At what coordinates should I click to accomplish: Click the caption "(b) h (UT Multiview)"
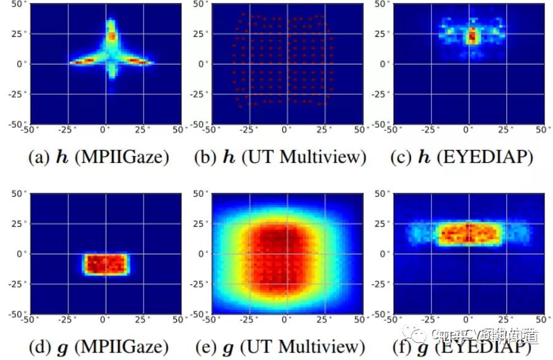tap(280, 157)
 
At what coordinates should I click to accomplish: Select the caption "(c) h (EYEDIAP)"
tap(461, 157)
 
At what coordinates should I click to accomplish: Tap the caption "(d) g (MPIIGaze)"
tap(99, 348)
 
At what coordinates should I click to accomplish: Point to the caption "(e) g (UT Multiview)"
tap(280, 348)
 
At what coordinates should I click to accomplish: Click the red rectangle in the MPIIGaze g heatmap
tap(106, 264)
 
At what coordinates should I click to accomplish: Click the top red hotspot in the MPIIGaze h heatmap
tap(112, 36)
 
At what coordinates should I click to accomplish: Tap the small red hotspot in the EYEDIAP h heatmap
tap(471, 36)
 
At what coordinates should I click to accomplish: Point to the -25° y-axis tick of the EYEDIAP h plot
tap(381, 94)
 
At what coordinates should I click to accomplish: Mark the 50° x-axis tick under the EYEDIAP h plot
tap(541, 130)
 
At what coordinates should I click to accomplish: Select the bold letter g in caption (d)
tap(63, 349)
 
